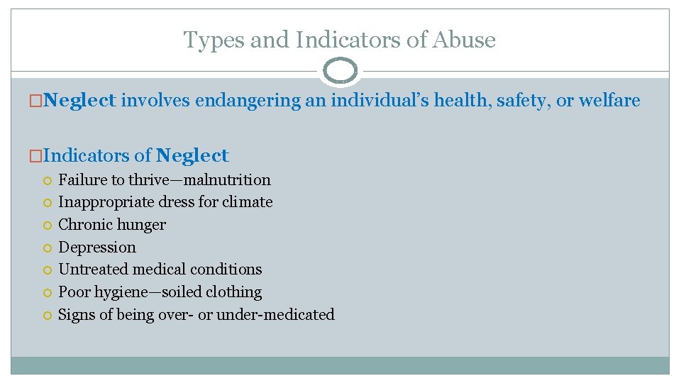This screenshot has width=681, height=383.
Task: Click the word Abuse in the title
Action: pos(466,40)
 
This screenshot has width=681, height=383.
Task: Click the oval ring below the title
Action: pos(340,71)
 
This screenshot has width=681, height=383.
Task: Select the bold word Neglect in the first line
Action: pos(79,101)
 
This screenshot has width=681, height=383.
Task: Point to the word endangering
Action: pos(248,101)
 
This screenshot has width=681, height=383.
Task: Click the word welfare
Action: pos(609,101)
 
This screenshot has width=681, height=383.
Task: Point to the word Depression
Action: pos(97,247)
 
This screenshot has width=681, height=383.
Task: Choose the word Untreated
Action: pos(92,270)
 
